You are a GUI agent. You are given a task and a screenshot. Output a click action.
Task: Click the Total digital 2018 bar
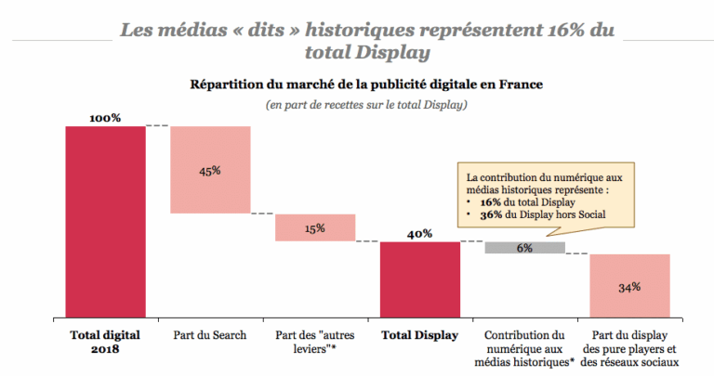coord(105,221)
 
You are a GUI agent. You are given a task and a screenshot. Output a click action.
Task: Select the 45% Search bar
coord(210,170)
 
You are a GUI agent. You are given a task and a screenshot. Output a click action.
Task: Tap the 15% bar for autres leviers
coord(315,227)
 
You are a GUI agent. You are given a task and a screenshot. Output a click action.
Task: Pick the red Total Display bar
coord(420,279)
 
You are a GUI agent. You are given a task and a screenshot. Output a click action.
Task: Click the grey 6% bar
coord(525,248)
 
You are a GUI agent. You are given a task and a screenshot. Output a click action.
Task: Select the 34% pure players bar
coord(629,286)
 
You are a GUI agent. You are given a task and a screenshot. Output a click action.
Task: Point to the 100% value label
coord(105,118)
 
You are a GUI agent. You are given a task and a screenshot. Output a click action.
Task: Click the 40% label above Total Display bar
coord(420,234)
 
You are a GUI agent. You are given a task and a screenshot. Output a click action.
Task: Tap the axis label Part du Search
coord(210,335)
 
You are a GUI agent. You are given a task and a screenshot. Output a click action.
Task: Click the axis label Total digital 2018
coord(105,342)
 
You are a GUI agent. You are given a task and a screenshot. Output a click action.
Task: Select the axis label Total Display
coord(420,335)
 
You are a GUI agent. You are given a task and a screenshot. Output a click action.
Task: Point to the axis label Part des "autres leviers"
coord(315,342)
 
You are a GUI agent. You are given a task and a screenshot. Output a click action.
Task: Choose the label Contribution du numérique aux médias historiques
coord(525,348)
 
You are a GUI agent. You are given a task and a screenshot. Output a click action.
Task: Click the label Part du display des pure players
coord(629,348)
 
